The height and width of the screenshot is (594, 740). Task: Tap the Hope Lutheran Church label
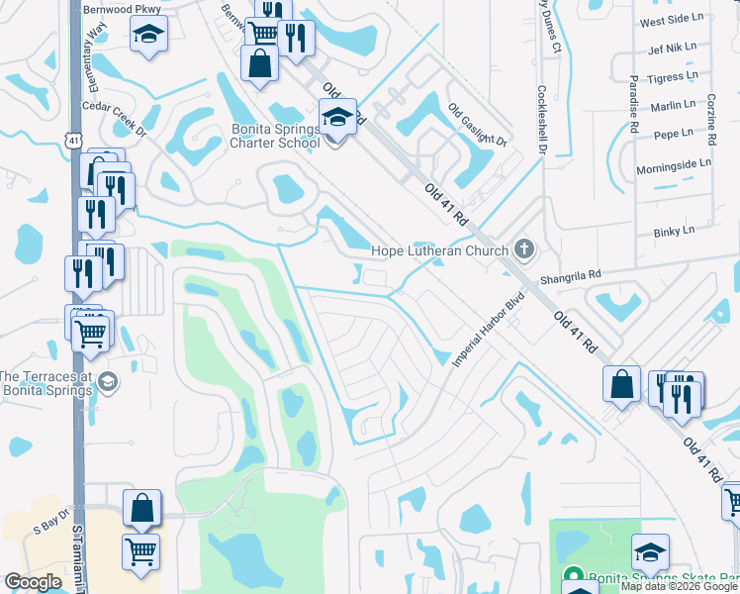click(439, 250)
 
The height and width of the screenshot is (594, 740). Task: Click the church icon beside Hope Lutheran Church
click(524, 249)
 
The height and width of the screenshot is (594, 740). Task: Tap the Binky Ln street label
click(675, 231)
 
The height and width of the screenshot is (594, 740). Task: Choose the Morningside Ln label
click(675, 162)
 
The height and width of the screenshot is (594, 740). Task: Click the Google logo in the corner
click(34, 582)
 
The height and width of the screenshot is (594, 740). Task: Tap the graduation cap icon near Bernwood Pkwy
click(148, 34)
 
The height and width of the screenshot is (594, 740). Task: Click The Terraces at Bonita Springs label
click(49, 382)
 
